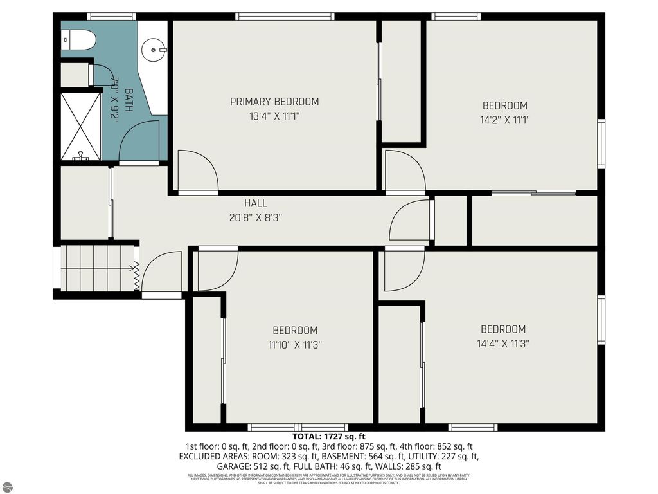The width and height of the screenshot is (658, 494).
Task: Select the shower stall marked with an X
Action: (81, 125)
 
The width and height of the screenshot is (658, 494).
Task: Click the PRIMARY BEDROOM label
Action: (274, 102)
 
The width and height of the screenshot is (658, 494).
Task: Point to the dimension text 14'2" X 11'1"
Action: (505, 120)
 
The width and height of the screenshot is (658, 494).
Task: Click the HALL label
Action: (256, 203)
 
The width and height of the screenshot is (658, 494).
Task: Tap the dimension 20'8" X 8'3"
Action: (256, 217)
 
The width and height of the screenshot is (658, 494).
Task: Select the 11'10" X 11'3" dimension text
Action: (295, 345)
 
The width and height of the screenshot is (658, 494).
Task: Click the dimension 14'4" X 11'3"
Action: (502, 343)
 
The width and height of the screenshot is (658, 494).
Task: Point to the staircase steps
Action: (94, 267)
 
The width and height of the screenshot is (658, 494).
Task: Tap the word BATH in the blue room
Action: (129, 100)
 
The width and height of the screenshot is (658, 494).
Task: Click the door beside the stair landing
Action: (161, 273)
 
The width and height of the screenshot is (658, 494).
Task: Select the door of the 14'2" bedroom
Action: (404, 171)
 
